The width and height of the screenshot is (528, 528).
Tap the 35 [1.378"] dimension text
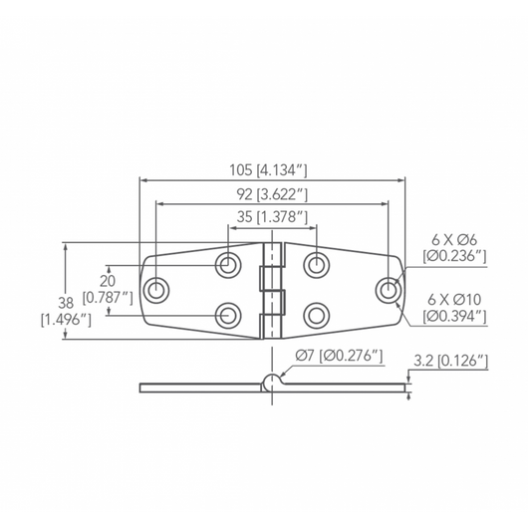(x=271, y=216)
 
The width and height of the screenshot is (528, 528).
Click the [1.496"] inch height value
(x=66, y=320)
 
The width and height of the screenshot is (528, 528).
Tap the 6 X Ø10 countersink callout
(x=455, y=299)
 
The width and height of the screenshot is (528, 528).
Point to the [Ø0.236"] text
(x=454, y=257)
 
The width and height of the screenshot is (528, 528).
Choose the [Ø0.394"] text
(x=454, y=316)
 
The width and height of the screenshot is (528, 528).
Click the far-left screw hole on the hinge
(x=156, y=290)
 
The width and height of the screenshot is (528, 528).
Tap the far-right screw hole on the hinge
(x=388, y=290)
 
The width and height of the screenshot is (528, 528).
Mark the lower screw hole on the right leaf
(x=317, y=315)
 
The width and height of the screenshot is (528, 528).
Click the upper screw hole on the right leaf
(x=317, y=265)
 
